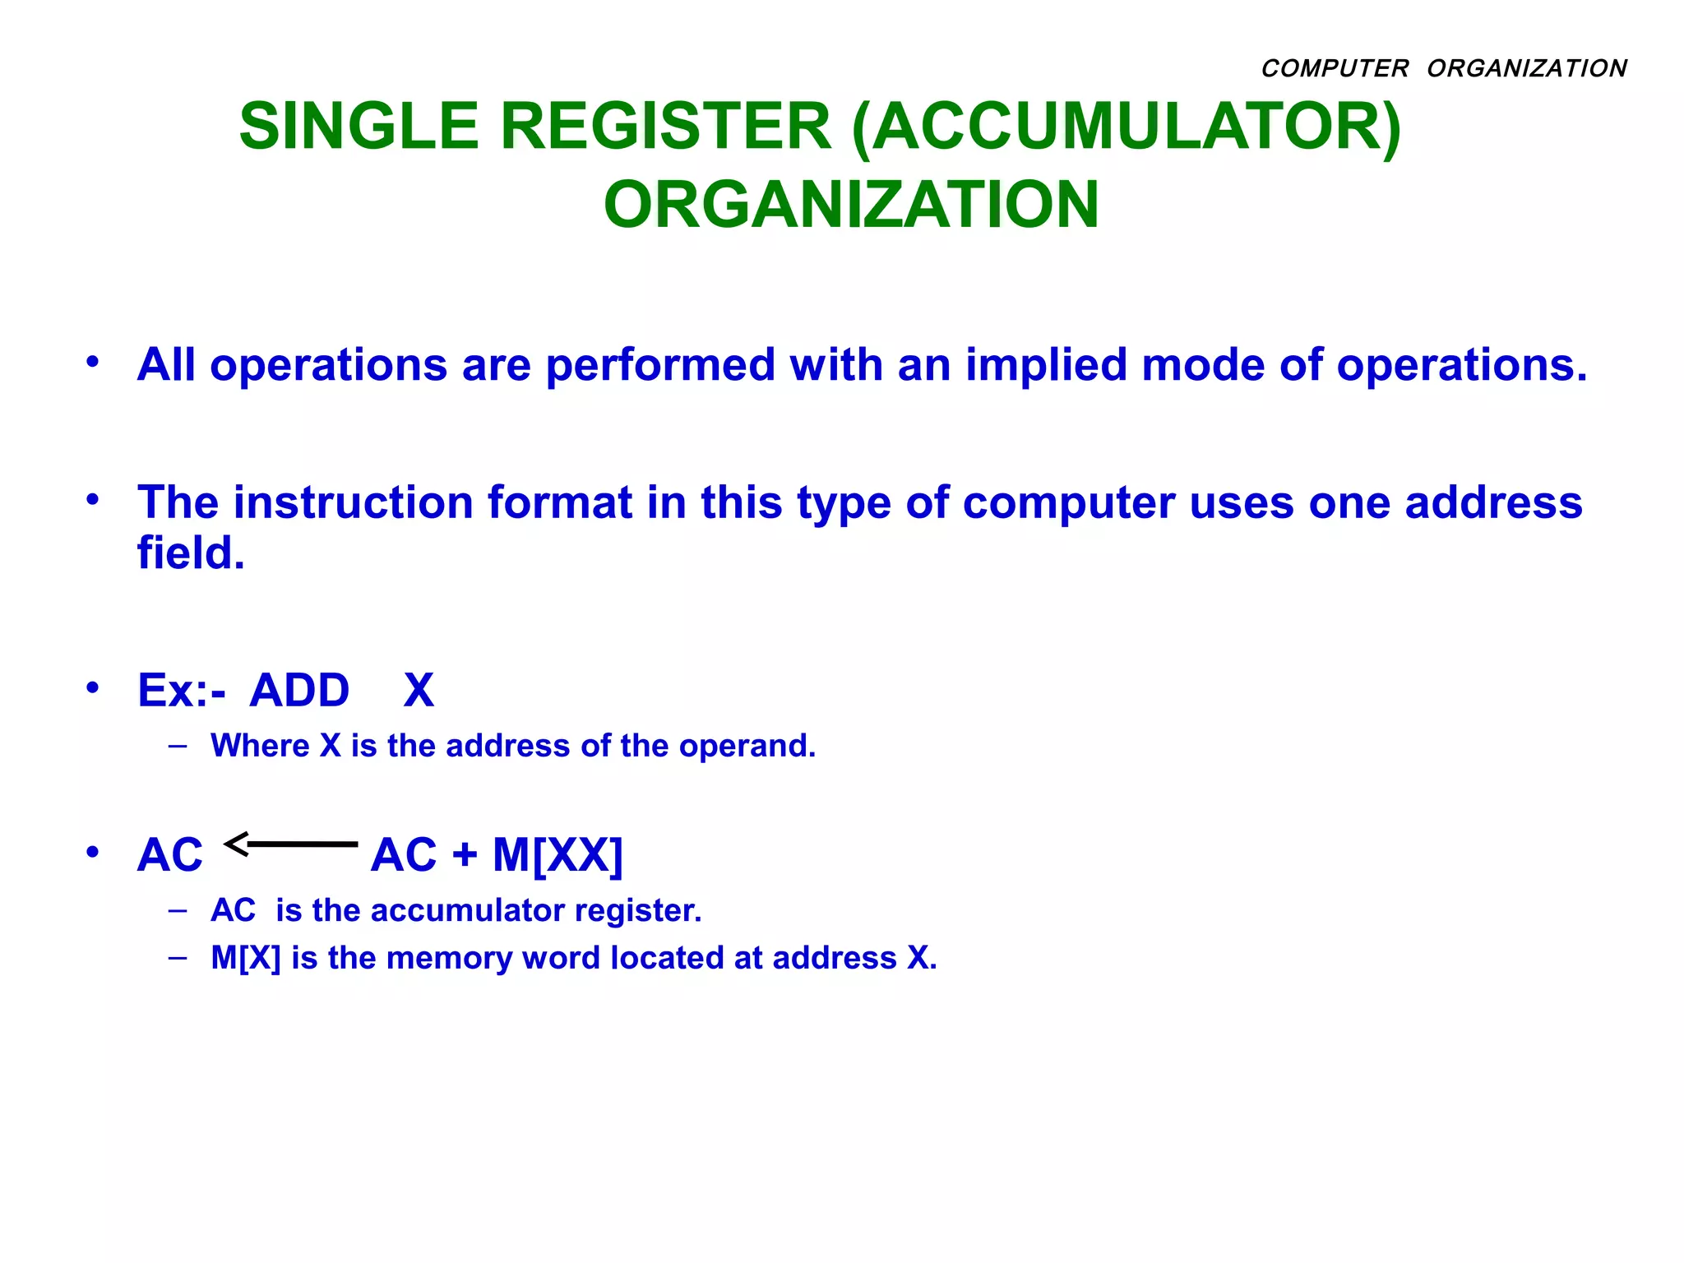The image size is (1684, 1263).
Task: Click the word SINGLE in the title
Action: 359,127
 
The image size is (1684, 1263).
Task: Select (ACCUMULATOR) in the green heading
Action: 1126,127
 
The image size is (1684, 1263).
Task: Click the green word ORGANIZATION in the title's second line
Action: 851,205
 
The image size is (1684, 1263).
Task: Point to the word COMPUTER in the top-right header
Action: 1335,68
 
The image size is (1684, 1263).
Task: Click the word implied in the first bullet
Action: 1046,364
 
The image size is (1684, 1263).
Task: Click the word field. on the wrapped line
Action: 191,553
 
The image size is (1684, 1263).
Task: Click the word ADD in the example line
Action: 299,690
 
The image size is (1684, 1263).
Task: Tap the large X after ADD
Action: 419,690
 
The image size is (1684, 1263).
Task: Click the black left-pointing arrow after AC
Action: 291,844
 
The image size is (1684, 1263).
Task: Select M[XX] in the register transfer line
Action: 557,854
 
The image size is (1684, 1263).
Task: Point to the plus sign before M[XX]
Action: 465,854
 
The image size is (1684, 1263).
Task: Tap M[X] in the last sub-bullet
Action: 245,958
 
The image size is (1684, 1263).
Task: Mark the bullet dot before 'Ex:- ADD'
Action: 93,687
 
